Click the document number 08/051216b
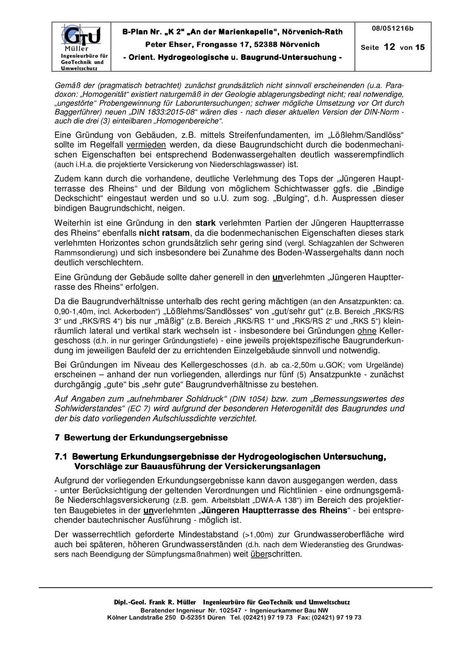tap(393, 29)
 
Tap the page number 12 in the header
tap(389, 47)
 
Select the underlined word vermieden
tap(146, 145)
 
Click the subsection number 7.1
tap(61, 457)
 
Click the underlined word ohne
tap(367, 331)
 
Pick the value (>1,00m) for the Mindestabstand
tap(258, 535)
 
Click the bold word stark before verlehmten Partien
tap(206, 223)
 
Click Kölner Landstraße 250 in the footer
tap(141, 618)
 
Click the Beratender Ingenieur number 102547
tap(230, 610)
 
